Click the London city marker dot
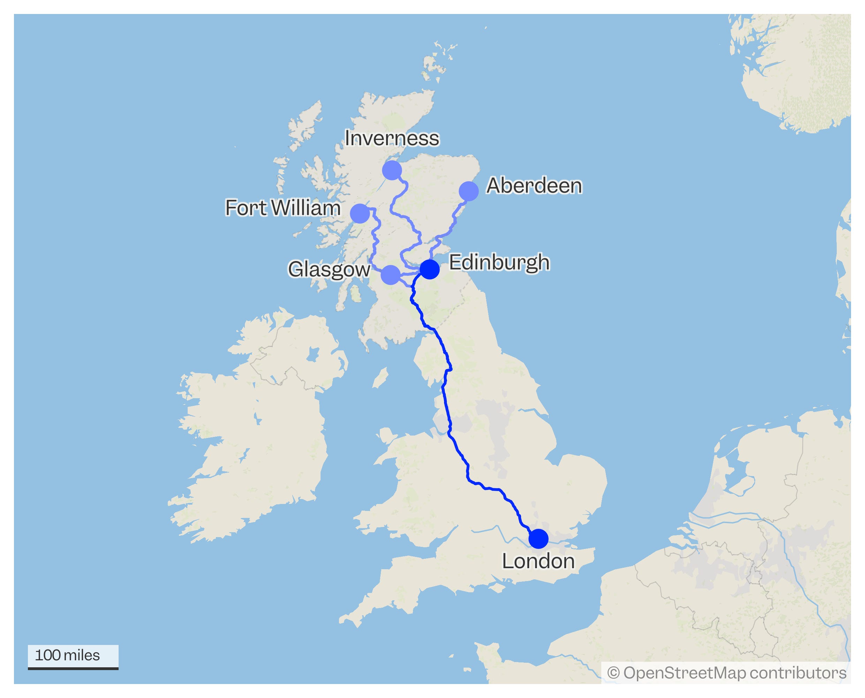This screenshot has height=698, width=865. (538, 539)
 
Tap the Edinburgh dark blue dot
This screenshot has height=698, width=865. (429, 269)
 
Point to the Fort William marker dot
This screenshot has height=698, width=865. (360, 213)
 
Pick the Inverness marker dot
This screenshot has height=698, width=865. (392, 170)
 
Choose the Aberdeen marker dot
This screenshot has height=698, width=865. (468, 191)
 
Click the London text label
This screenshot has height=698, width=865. (538, 561)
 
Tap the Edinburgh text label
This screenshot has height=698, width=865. (499, 262)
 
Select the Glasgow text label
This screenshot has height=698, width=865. (329, 269)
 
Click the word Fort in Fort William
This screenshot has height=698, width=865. (246, 208)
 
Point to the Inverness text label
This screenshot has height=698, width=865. (392, 138)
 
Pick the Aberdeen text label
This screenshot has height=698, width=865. (534, 186)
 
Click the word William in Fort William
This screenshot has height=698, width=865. (306, 208)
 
